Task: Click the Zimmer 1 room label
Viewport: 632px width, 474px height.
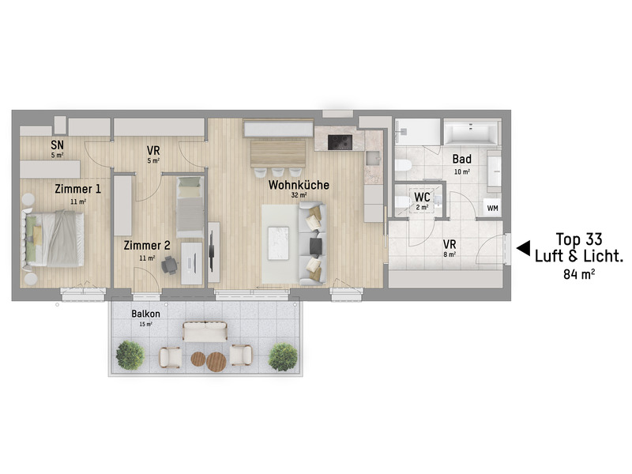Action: (77, 189)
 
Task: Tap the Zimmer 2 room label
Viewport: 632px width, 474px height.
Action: (146, 246)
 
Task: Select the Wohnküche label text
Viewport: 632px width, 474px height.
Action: (298, 185)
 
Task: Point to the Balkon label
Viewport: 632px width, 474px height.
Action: (145, 313)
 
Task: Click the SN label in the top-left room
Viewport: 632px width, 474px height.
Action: (57, 145)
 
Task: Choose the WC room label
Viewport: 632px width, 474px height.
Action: (422, 197)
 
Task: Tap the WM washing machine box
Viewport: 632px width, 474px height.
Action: (492, 208)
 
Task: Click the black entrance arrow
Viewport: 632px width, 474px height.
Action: (522, 248)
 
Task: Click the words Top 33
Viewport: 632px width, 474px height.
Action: (579, 239)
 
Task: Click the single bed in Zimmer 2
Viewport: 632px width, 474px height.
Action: (190, 205)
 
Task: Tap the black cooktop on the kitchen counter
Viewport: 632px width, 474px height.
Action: (340, 142)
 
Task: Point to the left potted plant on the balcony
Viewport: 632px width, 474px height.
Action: (130, 355)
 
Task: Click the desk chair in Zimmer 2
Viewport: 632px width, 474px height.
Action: (169, 266)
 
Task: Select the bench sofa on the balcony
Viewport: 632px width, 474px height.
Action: (205, 331)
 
